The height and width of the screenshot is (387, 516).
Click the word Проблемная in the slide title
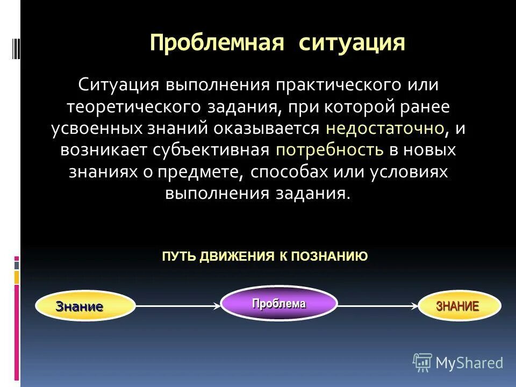pyautogui.click(x=217, y=42)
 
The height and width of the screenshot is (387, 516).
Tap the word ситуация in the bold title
pyautogui.click(x=352, y=42)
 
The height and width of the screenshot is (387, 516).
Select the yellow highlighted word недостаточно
pyautogui.click(x=385, y=128)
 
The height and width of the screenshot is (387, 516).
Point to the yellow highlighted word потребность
pyautogui.click(x=330, y=150)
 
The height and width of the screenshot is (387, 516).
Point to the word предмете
pyautogui.click(x=200, y=171)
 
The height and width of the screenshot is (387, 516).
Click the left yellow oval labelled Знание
pyautogui.click(x=85, y=306)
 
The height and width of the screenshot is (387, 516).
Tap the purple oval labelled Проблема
pyautogui.click(x=279, y=303)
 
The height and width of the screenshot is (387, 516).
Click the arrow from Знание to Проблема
pyautogui.click(x=178, y=306)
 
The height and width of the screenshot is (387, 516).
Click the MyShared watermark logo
pyautogui.click(x=458, y=362)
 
